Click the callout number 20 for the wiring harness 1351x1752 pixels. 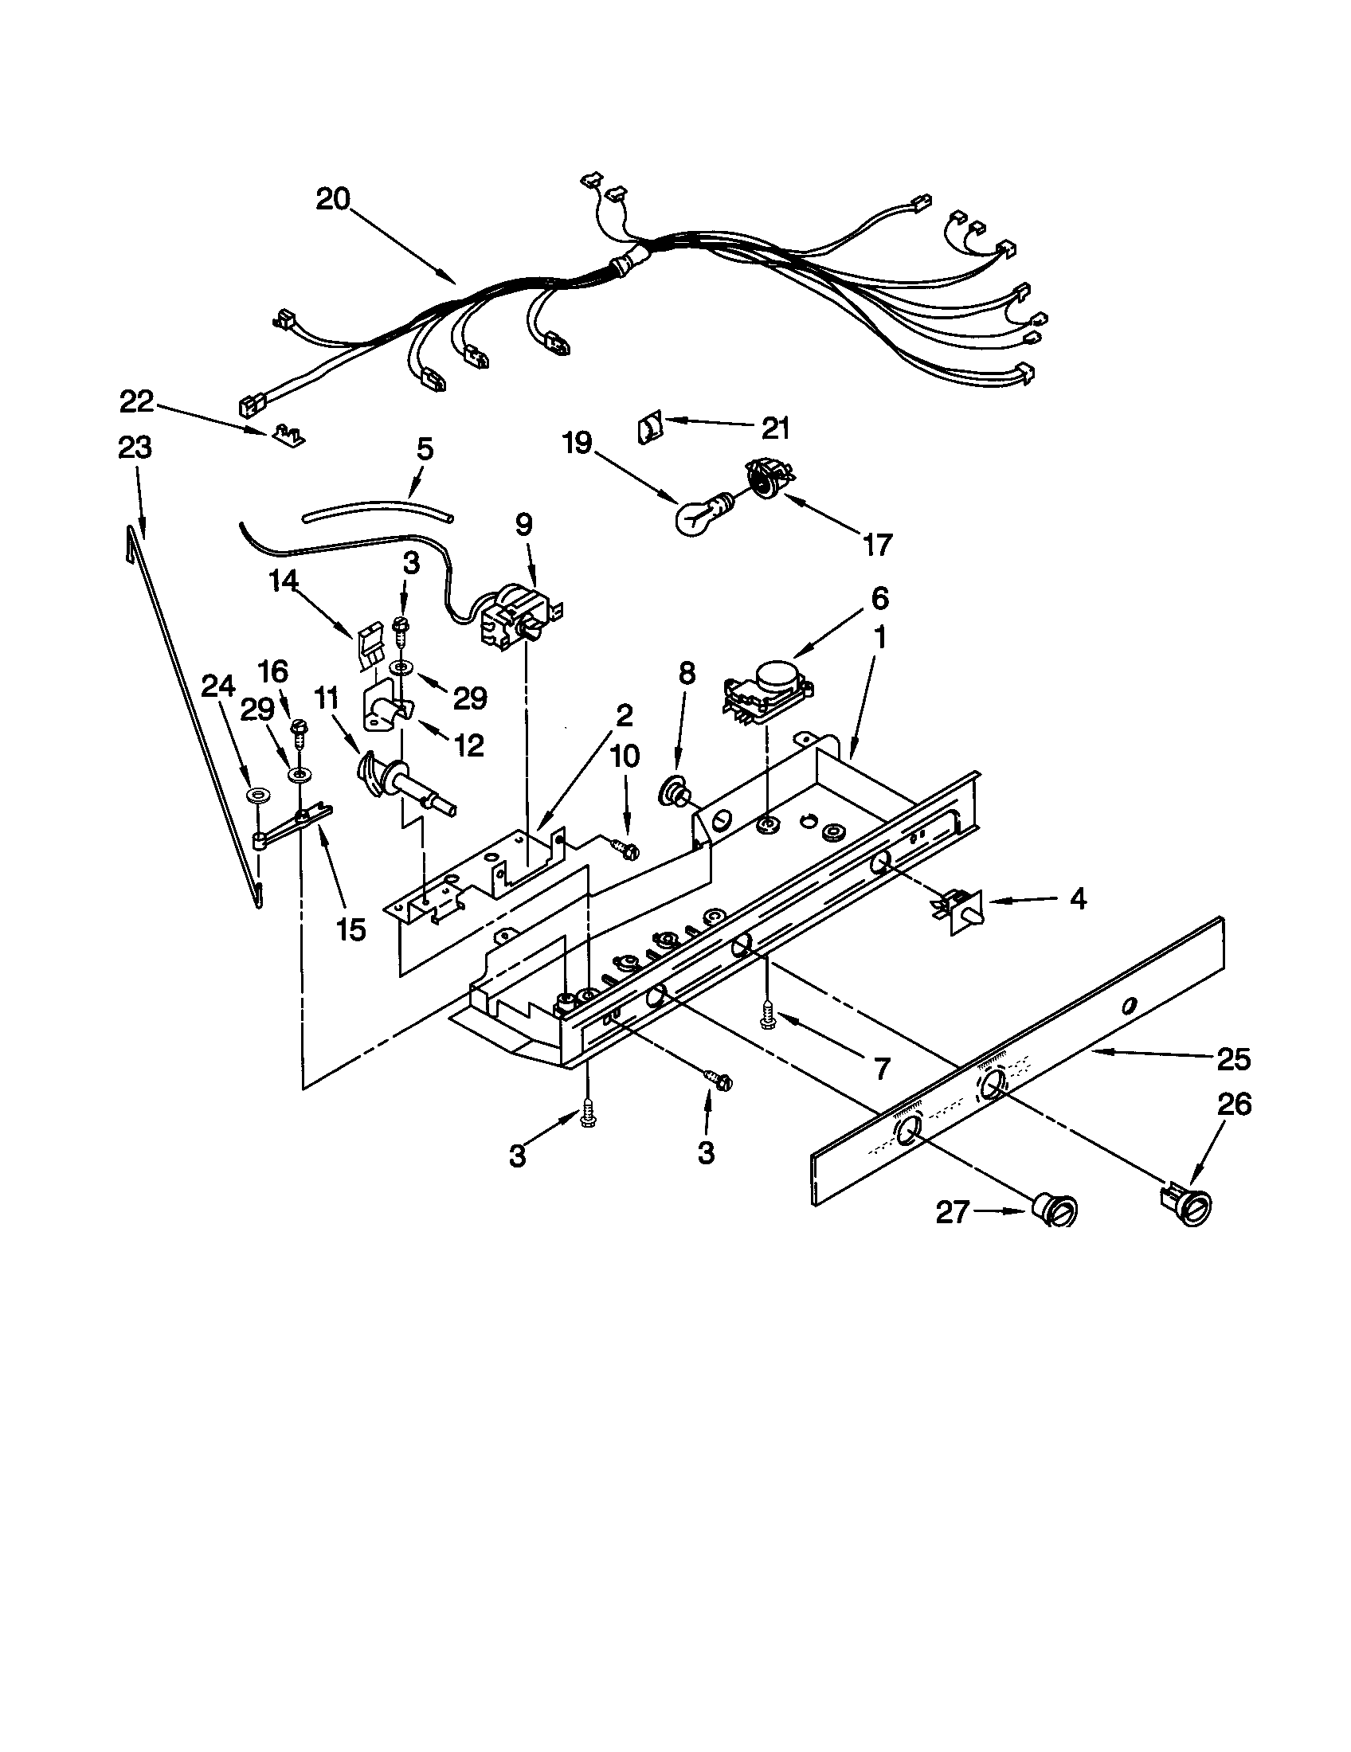[x=333, y=198]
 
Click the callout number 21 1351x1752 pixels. [x=775, y=429]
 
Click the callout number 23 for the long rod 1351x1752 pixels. [x=135, y=447]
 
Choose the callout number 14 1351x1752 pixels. [x=284, y=579]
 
